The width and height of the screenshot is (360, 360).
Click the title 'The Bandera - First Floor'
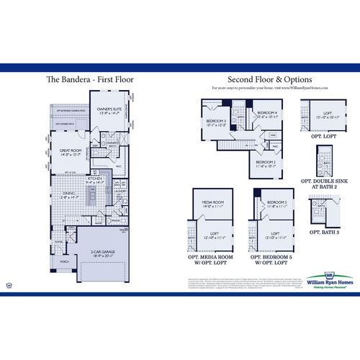coord(90,79)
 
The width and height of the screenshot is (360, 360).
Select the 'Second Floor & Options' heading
coord(269,78)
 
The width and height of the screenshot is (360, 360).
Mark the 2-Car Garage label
coord(105,253)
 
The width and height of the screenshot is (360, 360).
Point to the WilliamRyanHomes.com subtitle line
coord(269,87)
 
